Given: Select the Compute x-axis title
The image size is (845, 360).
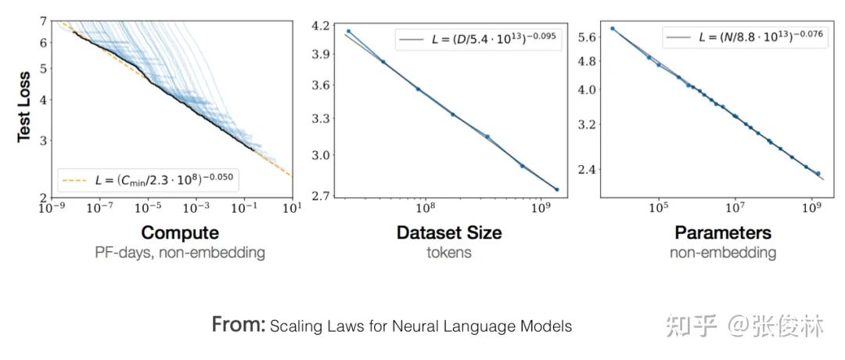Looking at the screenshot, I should pos(179,232).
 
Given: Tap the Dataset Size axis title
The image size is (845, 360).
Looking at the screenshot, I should pos(449,232).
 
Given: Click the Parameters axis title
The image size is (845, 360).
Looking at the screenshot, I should pos(722,232).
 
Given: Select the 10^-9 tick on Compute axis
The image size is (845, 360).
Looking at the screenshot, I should pos(52,209).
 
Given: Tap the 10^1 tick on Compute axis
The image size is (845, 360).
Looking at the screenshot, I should pos(291,209).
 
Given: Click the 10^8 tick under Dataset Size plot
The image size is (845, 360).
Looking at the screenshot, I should pos(425,209).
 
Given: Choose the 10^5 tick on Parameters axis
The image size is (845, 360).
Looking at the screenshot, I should pos(658,208).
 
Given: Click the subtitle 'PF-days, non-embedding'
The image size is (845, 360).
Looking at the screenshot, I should pos(180,253).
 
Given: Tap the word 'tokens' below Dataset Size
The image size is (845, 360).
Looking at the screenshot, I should pos(449,253).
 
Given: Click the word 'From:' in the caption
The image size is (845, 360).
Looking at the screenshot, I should pos(239,325).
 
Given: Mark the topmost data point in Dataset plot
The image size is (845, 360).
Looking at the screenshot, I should pos(348,31).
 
